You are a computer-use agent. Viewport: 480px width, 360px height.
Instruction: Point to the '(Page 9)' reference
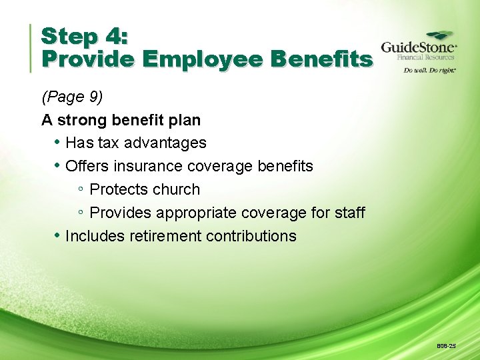click(72, 97)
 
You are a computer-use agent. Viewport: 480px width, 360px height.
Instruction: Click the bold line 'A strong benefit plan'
click(121, 120)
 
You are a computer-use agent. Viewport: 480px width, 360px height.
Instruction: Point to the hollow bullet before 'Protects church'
click(80, 190)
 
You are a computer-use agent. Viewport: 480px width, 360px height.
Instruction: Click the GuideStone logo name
click(418, 48)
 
